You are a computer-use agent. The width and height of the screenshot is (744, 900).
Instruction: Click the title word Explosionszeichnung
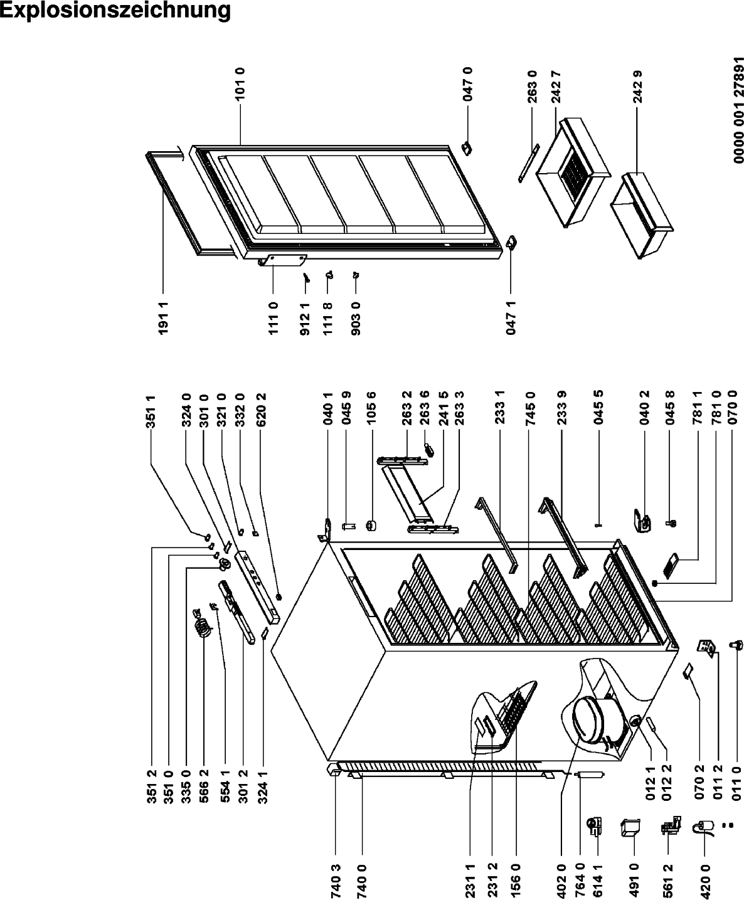115,9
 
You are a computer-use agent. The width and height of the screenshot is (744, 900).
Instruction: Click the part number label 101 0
240,84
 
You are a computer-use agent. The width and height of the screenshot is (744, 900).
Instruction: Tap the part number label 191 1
163,318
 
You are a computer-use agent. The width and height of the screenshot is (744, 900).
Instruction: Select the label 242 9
637,87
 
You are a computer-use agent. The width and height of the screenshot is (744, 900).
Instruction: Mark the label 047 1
511,318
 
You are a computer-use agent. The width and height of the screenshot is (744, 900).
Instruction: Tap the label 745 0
530,408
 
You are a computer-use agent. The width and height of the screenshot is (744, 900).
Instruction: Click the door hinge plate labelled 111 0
283,260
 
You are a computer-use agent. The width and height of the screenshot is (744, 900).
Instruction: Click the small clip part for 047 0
467,149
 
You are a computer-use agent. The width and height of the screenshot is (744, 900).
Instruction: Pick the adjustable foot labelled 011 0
736,645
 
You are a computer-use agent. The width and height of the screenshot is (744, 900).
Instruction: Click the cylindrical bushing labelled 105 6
370,526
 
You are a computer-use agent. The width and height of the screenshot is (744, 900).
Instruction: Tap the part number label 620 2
261,410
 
